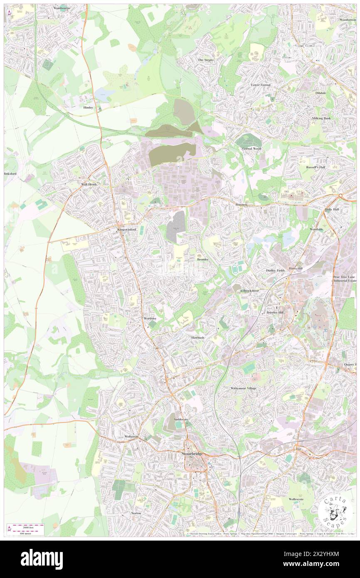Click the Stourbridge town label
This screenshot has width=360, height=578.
click(192, 453)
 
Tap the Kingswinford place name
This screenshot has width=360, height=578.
click(126, 230)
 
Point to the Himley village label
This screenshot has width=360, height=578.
click(88, 107)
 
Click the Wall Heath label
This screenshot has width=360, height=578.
click(89, 184)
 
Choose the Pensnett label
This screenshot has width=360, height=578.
click(242, 205)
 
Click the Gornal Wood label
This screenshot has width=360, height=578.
click(252, 148)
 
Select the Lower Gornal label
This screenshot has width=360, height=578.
click(261, 85)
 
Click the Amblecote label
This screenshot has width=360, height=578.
click(181, 420)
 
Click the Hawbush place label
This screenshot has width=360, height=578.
click(199, 337)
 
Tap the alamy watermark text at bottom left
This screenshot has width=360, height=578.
click(42, 559)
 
